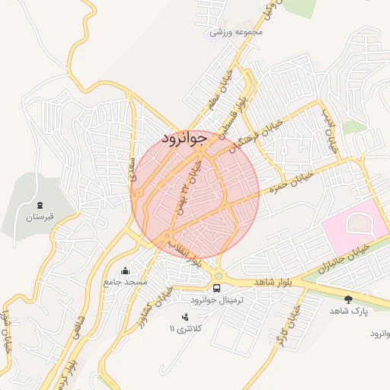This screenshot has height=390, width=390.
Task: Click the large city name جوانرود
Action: click(x=184, y=139)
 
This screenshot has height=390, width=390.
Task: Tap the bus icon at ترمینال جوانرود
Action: click(x=218, y=289)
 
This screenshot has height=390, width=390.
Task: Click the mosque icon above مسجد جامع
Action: click(x=125, y=270)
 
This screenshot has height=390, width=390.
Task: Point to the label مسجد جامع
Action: click(x=126, y=282)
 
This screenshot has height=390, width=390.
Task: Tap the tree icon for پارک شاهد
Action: click(x=349, y=299)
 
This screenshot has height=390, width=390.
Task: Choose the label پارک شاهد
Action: click(x=349, y=311)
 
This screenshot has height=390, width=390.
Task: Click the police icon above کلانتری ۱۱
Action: click(x=184, y=317)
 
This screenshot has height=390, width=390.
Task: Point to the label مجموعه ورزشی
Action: click(x=237, y=32)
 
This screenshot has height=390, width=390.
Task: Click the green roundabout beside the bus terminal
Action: click(x=218, y=277)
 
